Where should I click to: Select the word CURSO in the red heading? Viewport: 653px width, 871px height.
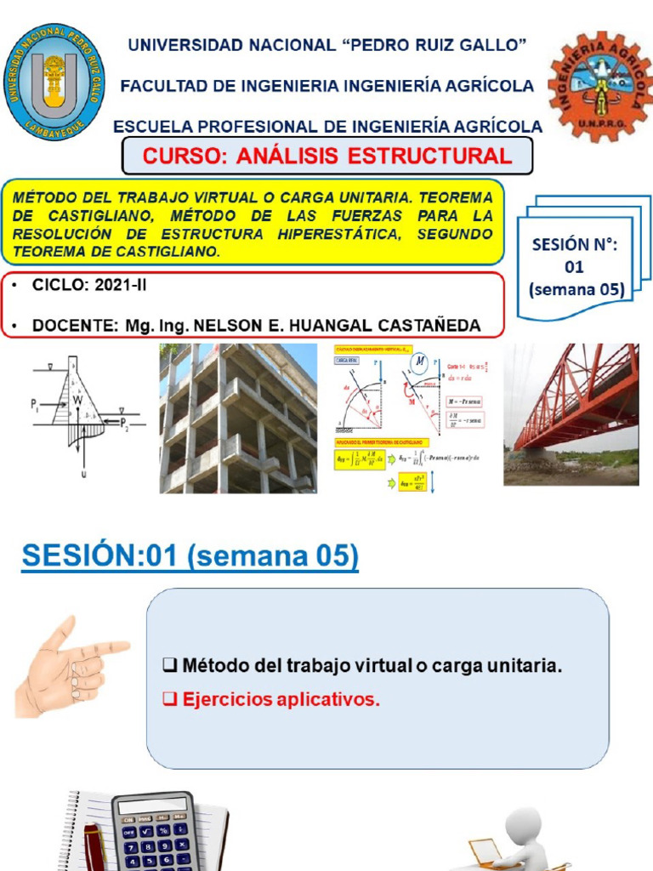point(173,157)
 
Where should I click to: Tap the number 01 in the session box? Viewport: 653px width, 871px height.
point(575,267)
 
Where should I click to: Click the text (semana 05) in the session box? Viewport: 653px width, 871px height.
point(576,289)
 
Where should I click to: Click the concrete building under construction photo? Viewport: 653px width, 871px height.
point(237,418)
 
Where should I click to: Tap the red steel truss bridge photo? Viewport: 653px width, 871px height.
point(571,414)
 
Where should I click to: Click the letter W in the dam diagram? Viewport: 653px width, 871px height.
point(77,399)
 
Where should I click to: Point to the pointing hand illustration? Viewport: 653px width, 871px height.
point(68,667)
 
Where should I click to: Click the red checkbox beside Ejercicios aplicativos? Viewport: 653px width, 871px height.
point(168,700)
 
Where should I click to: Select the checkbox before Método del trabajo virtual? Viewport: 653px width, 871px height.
point(168,666)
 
